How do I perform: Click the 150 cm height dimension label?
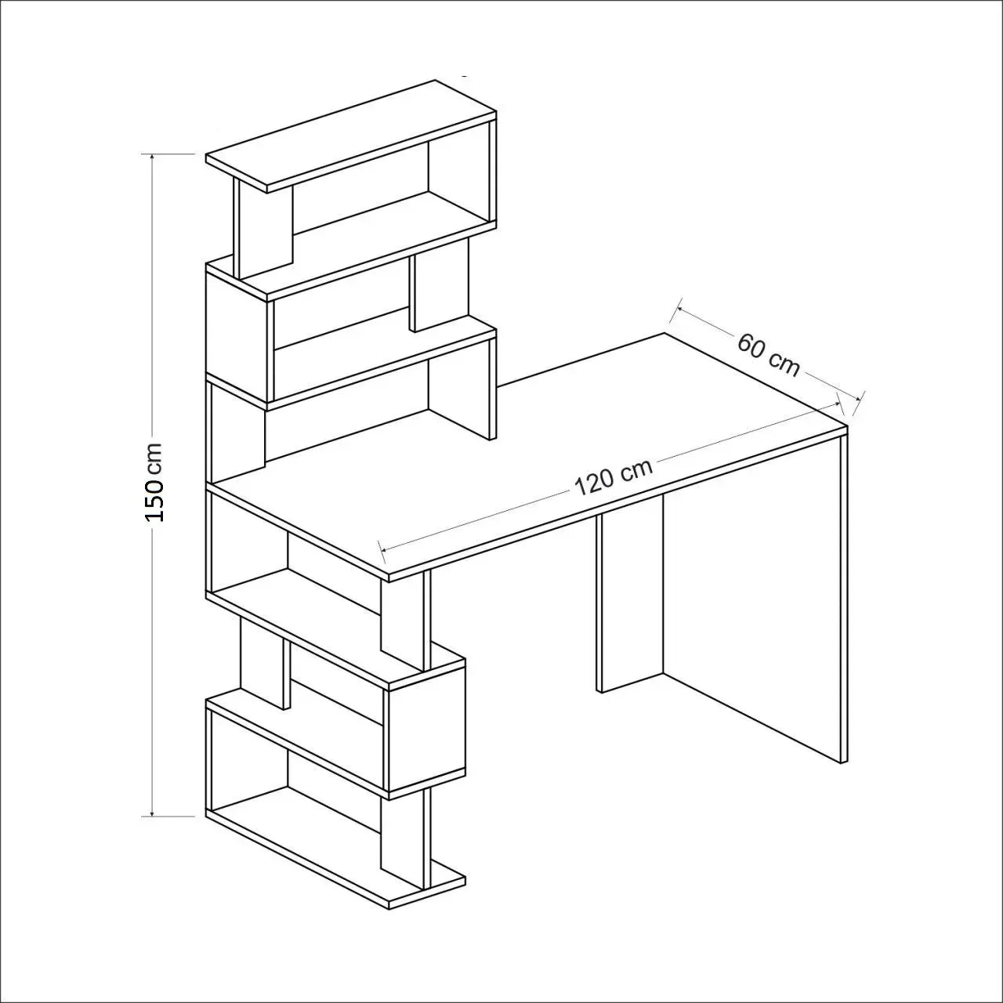[154, 483]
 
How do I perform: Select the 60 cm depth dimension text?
[769, 354]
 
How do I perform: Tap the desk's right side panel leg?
[843, 596]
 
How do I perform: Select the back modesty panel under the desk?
[630, 596]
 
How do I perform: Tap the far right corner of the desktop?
[847, 428]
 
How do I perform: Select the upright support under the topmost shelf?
[263, 227]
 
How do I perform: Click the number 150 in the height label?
[154, 501]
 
